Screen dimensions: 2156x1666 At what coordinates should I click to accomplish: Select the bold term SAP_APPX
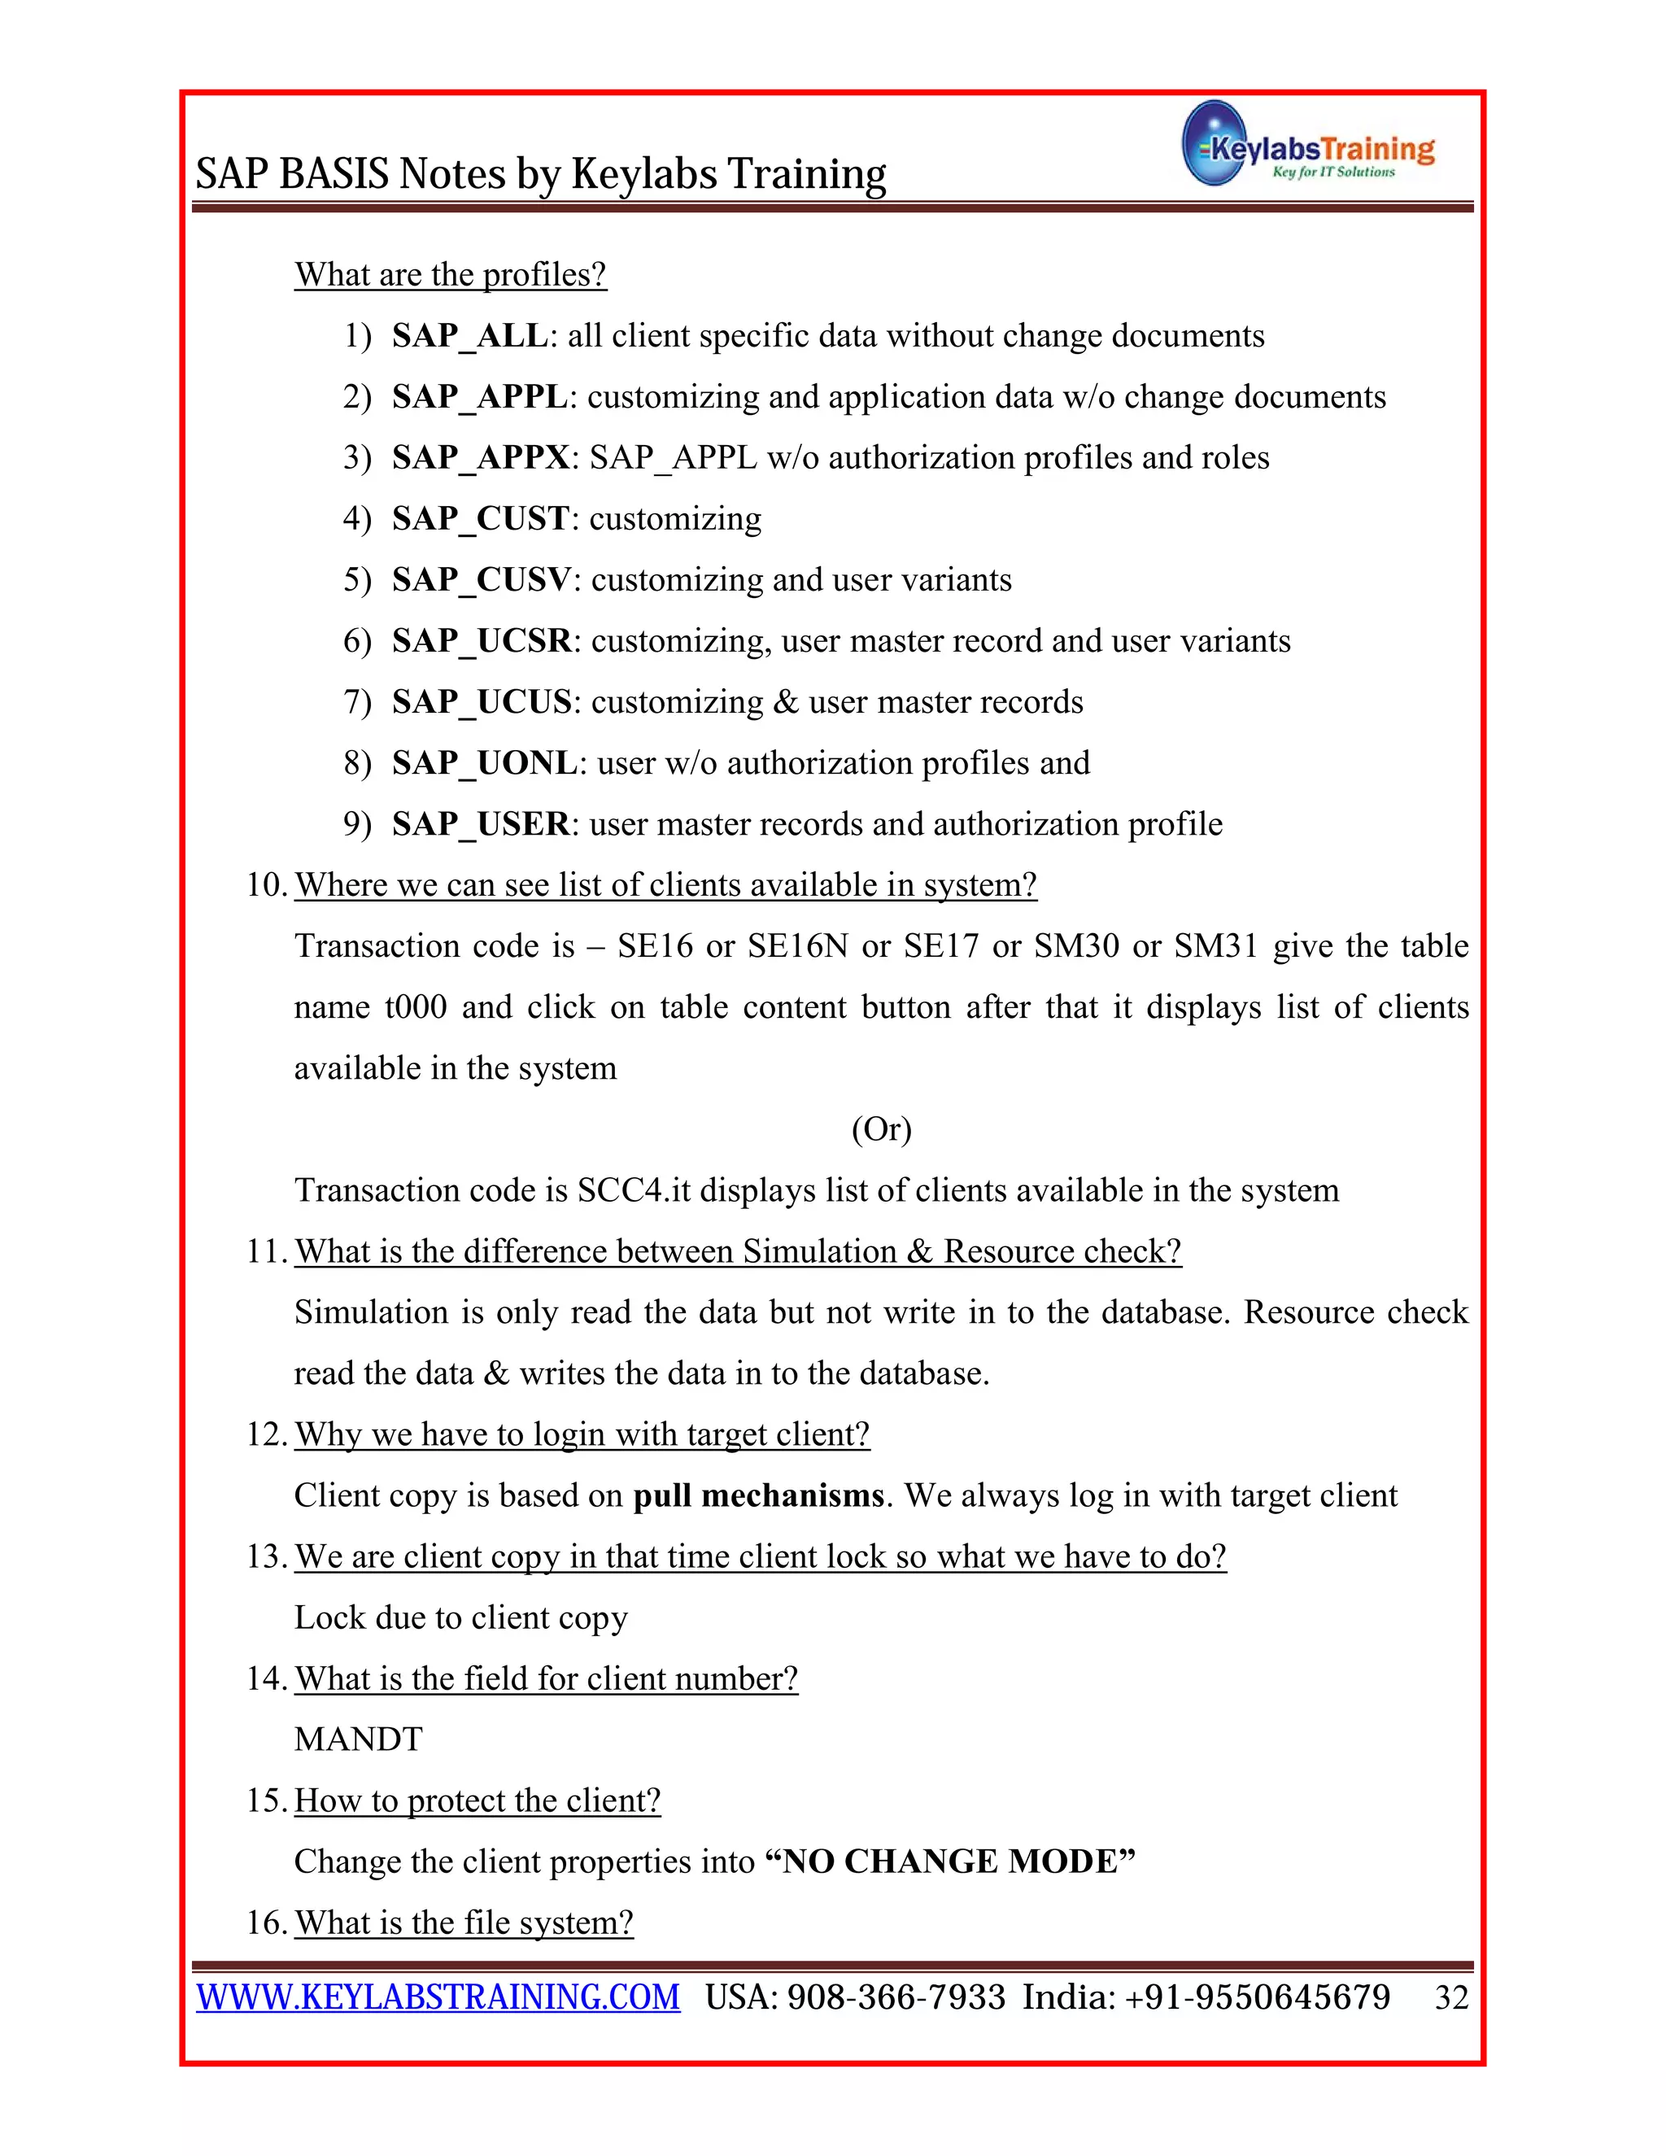pos(480,457)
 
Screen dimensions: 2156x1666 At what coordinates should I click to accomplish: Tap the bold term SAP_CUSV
pos(481,579)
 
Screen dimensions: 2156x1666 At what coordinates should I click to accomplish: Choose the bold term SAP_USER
pos(480,823)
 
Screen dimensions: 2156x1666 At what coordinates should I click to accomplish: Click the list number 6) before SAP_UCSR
pos(357,640)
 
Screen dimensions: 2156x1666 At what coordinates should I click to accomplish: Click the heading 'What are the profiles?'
pos(450,274)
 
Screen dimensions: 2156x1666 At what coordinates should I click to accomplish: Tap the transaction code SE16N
pos(796,945)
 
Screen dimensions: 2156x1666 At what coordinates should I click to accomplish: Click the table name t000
pos(415,1007)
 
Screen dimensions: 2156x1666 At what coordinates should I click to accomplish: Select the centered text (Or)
pos(881,1128)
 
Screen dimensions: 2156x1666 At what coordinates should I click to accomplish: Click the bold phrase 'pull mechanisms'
pos(758,1495)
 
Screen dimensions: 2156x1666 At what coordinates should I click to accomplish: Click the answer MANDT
pos(358,1739)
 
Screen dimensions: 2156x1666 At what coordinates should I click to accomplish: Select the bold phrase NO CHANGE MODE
pos(950,1861)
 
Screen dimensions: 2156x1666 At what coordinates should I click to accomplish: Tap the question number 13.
pos(264,1556)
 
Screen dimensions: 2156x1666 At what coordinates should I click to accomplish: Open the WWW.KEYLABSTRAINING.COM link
pos(438,1997)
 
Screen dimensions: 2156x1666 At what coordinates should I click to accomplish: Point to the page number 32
pos(1451,1998)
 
